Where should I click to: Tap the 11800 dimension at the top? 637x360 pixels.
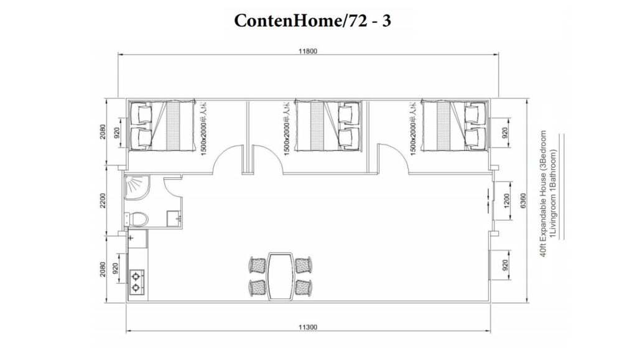[308, 52]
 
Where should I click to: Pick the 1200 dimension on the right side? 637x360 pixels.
[505, 200]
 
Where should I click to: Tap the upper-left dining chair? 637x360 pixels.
[257, 264]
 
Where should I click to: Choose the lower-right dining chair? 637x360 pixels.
[304, 287]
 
